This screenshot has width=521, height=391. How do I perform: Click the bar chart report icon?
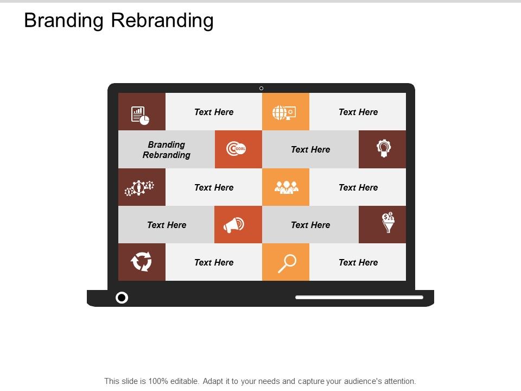140,115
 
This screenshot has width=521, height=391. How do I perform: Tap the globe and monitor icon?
284,112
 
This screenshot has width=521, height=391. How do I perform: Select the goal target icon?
237,149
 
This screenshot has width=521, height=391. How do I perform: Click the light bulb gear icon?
383,148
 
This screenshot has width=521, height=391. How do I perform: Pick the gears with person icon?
139,188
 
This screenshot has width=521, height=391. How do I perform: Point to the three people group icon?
286,187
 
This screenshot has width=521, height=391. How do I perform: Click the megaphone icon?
234,225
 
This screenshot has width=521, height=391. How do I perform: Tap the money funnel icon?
388,223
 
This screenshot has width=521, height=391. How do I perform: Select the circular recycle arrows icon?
141,262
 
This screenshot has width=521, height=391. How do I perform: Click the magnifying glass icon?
287,263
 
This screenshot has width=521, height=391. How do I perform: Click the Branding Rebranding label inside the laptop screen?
167,149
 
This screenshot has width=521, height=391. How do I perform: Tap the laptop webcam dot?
261,88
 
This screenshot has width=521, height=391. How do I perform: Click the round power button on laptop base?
122,297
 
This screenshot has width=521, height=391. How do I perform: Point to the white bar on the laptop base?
359,297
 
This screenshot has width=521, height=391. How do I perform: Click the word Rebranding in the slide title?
162,20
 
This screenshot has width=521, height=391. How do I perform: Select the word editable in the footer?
184,381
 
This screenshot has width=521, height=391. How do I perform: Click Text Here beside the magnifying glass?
358,262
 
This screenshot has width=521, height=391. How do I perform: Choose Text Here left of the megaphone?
167,225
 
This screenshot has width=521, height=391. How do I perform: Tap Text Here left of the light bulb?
310,149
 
